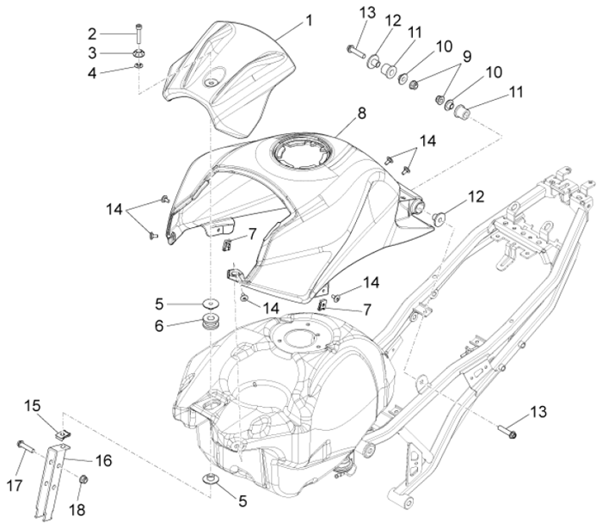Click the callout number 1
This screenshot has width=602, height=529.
point(310,21)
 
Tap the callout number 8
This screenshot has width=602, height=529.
point(361,114)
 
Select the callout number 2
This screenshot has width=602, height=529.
point(92,34)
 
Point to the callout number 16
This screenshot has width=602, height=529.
point(103,460)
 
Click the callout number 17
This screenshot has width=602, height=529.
point(15,486)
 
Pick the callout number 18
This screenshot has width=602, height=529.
point(77,510)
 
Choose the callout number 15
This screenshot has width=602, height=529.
point(33,405)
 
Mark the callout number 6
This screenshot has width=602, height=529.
point(159,326)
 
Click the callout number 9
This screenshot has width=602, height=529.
point(466,57)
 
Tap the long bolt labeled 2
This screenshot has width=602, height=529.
point(138,34)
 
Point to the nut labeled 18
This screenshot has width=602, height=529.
point(83,479)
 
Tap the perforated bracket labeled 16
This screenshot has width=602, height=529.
point(51,483)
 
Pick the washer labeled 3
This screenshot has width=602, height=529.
point(138,53)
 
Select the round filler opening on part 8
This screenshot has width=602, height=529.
point(302,152)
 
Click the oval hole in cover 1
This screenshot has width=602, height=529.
point(214,77)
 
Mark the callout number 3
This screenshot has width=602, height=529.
point(92,53)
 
